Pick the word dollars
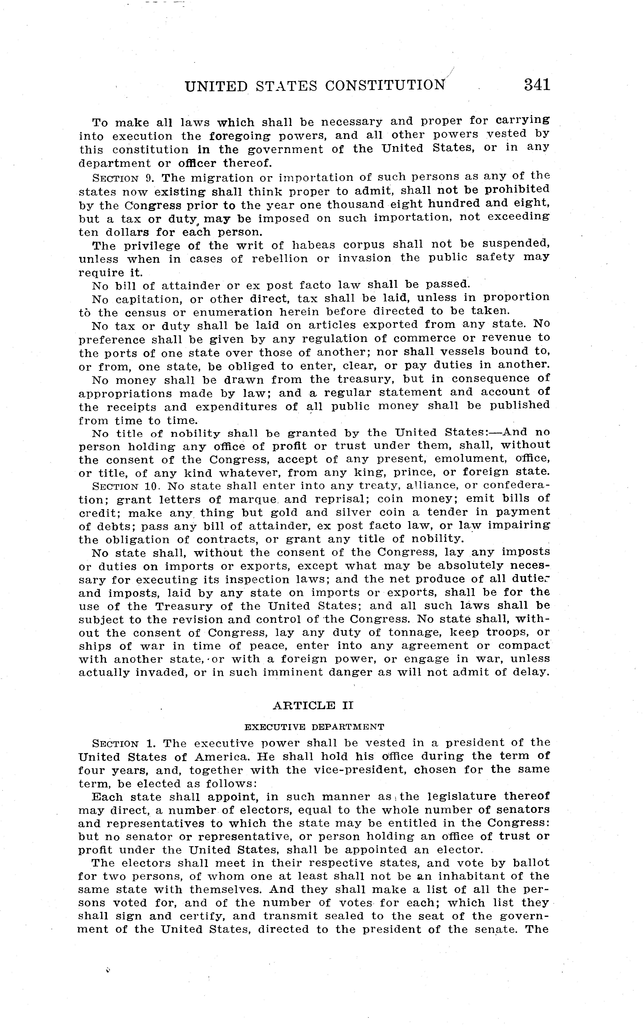pyautogui.click(x=127, y=233)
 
